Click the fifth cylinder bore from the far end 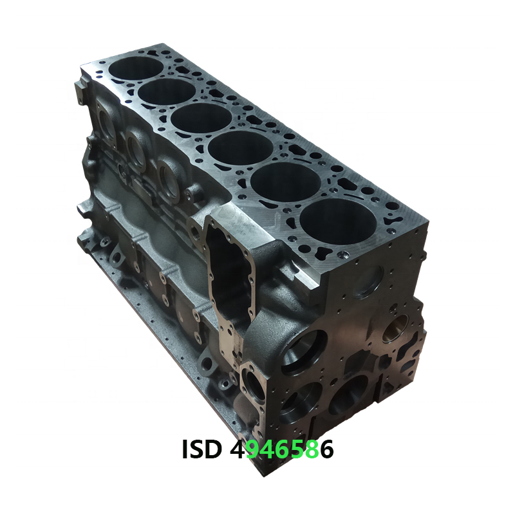[286, 181]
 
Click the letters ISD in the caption [201, 449]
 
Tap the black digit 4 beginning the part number [237, 449]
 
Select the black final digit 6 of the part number [327, 449]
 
